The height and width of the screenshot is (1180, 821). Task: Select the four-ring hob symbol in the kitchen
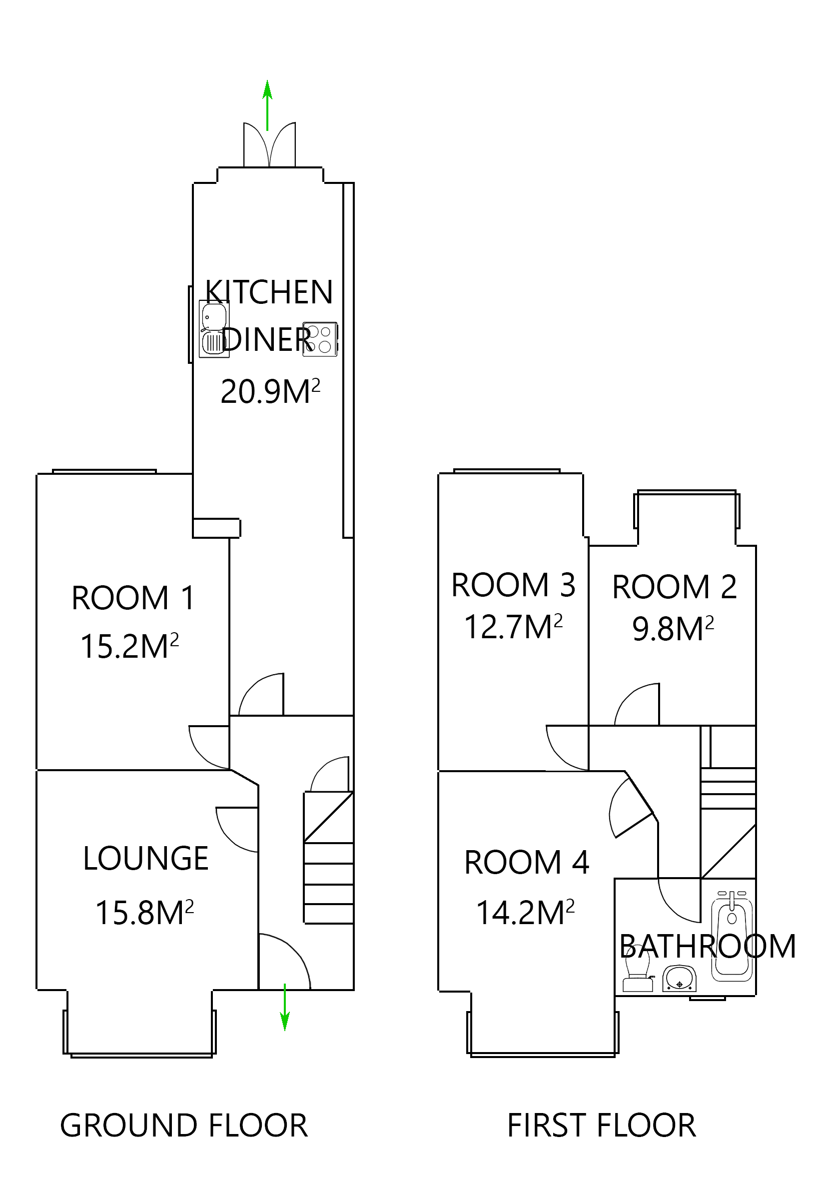click(x=320, y=339)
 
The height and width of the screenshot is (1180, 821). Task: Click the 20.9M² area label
click(x=270, y=392)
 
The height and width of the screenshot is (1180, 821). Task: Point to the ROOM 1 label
click(x=133, y=598)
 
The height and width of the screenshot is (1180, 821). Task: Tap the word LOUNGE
click(x=145, y=859)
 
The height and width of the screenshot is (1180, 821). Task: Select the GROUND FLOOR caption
click(x=183, y=1126)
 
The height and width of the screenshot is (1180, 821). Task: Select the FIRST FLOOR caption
click(x=601, y=1126)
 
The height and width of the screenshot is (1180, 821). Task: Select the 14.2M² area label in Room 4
click(x=525, y=913)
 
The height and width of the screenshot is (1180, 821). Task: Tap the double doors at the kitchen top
click(x=269, y=145)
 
